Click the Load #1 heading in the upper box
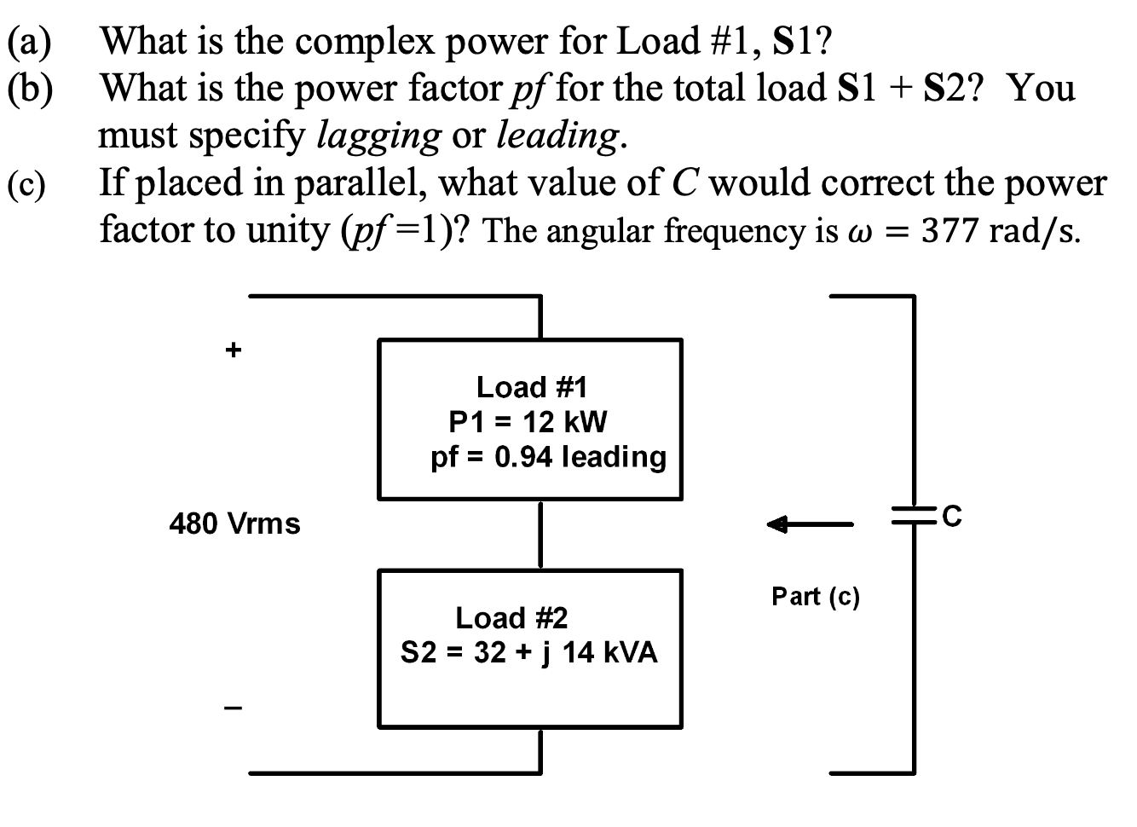click(x=532, y=387)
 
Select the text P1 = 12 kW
click(x=528, y=421)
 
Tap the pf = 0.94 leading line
click(x=548, y=457)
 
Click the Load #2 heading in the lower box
click(x=511, y=617)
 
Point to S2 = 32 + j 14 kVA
click(x=529, y=653)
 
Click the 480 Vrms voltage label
click(x=235, y=523)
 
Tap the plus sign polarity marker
click(x=232, y=349)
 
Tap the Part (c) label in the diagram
click(x=816, y=596)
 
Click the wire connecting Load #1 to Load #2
click(x=540, y=535)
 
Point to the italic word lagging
click(x=378, y=135)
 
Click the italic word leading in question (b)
click(x=558, y=135)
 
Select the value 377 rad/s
click(x=1001, y=231)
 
